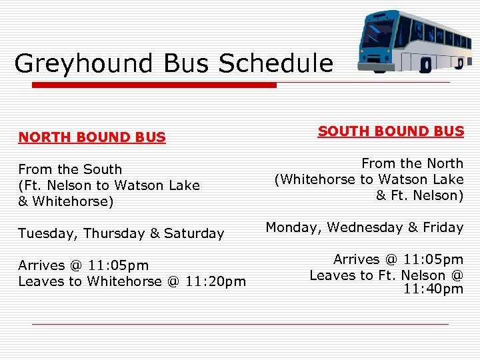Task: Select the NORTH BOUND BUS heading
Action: (92, 137)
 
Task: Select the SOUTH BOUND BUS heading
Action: (391, 131)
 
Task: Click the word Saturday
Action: (194, 233)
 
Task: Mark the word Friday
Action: (442, 227)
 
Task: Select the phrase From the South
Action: (70, 169)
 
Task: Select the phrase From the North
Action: (412, 163)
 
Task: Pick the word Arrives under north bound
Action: (41, 265)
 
